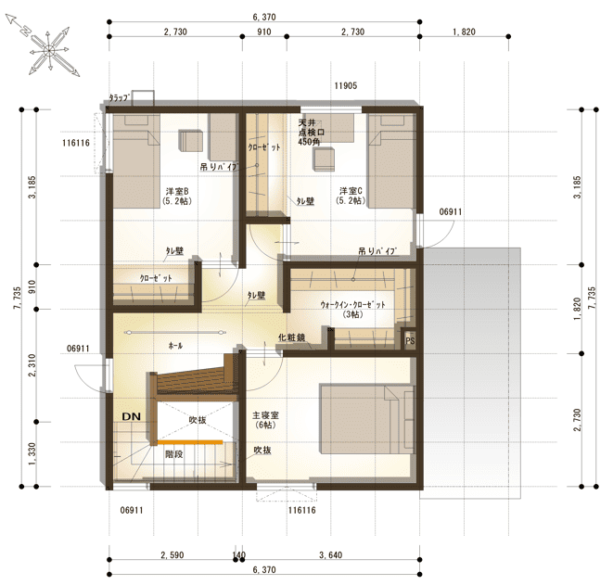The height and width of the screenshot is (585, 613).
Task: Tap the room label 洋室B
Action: tap(177, 191)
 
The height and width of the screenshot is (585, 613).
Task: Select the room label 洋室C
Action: tap(351, 191)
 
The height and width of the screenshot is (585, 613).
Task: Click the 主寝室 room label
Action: tap(265, 415)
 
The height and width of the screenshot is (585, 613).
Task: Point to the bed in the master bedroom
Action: tap(367, 419)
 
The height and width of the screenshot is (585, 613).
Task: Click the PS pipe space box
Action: tap(409, 340)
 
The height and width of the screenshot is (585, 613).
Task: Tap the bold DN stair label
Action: tap(132, 416)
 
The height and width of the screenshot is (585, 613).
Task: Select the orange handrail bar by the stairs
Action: tap(190, 442)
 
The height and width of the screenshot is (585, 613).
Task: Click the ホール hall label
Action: tap(175, 346)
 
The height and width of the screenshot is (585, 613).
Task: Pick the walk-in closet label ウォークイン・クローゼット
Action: tap(353, 305)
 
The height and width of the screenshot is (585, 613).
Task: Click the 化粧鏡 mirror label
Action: tap(291, 337)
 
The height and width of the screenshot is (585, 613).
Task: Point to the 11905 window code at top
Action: tap(346, 85)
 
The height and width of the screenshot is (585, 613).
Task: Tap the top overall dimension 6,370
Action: tap(264, 18)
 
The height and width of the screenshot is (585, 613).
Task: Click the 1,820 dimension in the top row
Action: tap(464, 32)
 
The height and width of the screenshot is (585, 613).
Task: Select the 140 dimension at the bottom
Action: tap(238, 555)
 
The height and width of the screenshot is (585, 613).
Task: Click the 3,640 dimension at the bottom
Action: tap(331, 555)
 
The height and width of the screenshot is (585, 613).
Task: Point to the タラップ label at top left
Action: tap(119, 97)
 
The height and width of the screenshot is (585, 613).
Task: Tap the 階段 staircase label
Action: tap(174, 454)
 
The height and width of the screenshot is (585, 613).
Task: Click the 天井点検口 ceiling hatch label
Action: tap(312, 133)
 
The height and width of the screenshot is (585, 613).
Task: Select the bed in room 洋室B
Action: tap(136, 160)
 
